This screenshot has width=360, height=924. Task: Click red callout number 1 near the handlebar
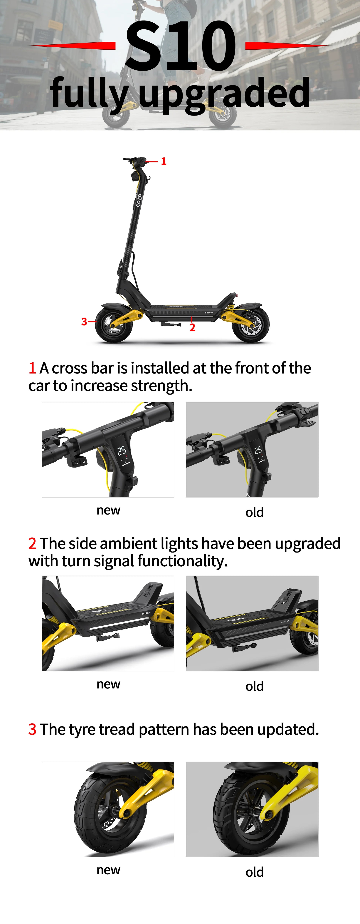click(x=164, y=161)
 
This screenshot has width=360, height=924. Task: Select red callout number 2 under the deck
click(x=193, y=327)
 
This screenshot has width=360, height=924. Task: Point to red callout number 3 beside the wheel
click(x=84, y=321)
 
